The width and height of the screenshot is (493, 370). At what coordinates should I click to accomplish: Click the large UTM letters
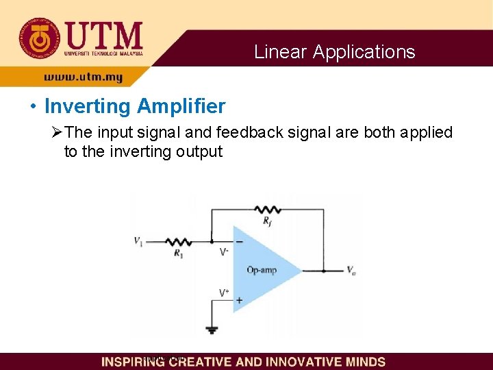[x=104, y=34]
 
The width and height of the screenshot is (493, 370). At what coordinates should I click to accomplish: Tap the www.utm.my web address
[x=84, y=78]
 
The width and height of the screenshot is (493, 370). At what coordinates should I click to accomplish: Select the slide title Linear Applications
[x=334, y=52]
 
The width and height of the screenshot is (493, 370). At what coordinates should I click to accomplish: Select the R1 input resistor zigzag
[x=179, y=241]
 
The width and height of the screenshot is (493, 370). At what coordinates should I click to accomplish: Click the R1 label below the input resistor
[x=179, y=254]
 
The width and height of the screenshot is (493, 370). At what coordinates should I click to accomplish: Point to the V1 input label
[x=139, y=241]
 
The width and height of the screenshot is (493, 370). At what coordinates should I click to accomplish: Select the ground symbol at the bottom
[x=212, y=330]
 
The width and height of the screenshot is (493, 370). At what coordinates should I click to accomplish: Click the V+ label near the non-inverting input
[x=224, y=293]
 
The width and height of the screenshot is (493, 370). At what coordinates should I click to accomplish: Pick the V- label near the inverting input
[x=224, y=252]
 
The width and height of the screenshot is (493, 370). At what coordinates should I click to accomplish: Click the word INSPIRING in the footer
[x=134, y=362]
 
